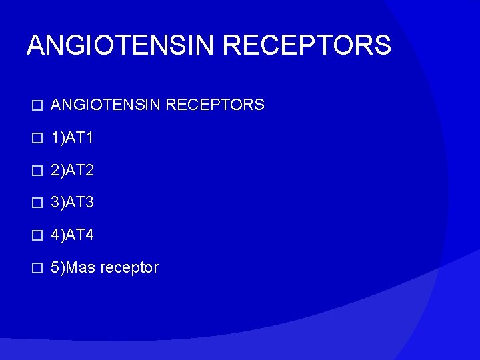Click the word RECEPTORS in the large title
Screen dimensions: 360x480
click(307, 45)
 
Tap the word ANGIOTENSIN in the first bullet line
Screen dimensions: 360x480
click(107, 105)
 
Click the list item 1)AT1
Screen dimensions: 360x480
click(72, 137)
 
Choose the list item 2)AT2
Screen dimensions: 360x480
click(72, 170)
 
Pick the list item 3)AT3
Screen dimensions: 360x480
click(72, 203)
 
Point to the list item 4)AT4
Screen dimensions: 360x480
click(72, 235)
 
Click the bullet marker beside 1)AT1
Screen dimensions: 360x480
click(37, 138)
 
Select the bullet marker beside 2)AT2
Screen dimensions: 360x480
click(37, 171)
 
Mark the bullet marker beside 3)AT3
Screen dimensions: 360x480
click(37, 203)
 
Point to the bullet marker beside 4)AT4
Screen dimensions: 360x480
click(37, 236)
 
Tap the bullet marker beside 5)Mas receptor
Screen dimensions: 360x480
click(37, 269)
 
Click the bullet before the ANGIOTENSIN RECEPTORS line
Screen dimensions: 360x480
click(37, 105)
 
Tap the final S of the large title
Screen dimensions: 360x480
click(382, 45)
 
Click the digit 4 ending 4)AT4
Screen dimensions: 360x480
click(89, 235)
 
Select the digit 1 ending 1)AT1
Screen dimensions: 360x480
click(89, 137)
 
